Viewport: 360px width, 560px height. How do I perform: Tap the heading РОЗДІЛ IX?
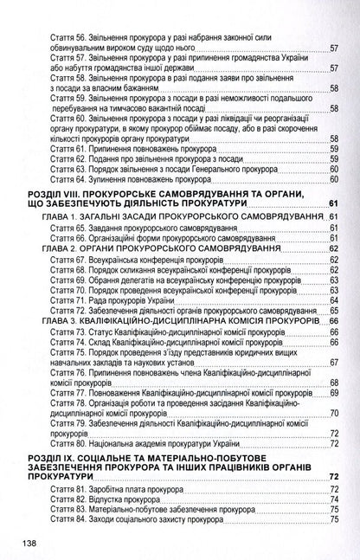point(173,461)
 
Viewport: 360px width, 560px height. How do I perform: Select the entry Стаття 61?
point(131,149)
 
